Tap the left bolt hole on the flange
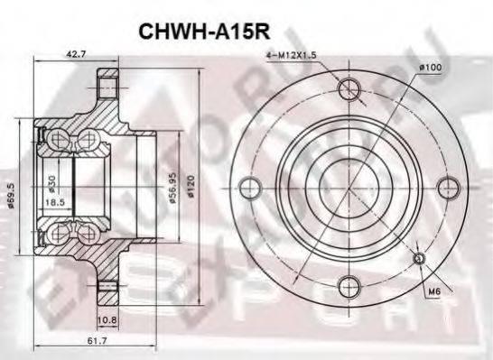[250, 188]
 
